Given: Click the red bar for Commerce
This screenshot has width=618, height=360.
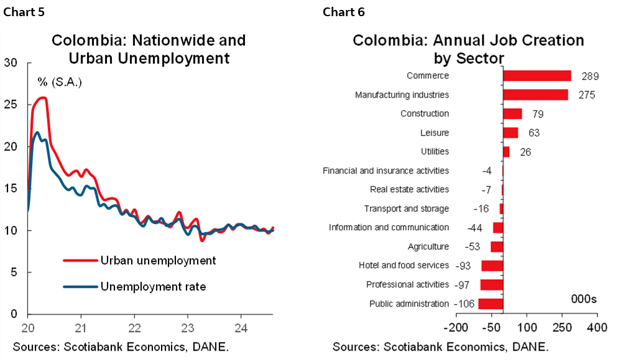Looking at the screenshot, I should pos(537,76).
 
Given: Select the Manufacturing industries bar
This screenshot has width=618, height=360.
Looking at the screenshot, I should pos(535,95).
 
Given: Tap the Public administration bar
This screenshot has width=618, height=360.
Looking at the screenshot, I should pos(491,304).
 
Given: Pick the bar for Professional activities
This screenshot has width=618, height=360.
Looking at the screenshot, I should pos(491,285).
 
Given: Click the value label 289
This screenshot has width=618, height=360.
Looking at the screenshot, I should pos(589,76).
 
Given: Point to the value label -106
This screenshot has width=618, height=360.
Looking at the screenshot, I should pos(464,304).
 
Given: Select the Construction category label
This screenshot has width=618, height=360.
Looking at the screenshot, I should pos(424,114).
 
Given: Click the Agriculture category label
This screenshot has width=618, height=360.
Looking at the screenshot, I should pos(428,246).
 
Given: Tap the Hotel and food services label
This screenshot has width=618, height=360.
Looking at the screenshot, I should pos(404,265).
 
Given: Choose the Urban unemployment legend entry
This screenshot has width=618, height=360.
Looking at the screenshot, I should pos(158,261).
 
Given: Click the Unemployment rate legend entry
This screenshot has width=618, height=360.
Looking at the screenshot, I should pos(153,287).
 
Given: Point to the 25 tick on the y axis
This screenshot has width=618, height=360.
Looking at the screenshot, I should pos(10,104).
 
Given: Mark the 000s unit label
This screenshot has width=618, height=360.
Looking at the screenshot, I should pos(583,299).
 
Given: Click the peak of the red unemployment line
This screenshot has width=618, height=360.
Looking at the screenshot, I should pos(42,98).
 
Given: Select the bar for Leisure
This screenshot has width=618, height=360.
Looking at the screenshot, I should pos(510,132).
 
